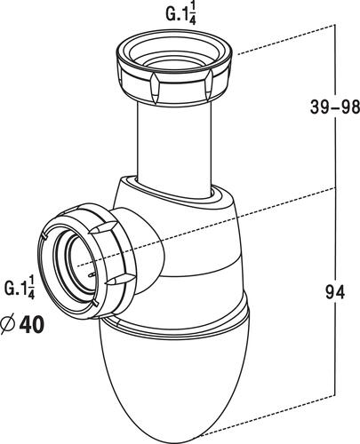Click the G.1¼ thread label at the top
pyautogui.click(x=180, y=15)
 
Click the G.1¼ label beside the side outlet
pyautogui.click(x=20, y=287)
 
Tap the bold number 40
pyautogui.click(x=32, y=325)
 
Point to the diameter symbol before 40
pyautogui.click(x=8, y=324)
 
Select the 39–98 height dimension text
pyautogui.click(x=335, y=107)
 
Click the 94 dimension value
pyautogui.click(x=335, y=291)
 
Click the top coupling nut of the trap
pyautogui.click(x=174, y=67)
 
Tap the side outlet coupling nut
pyautogui.click(x=86, y=261)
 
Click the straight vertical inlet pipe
pyautogui.click(x=174, y=148)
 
